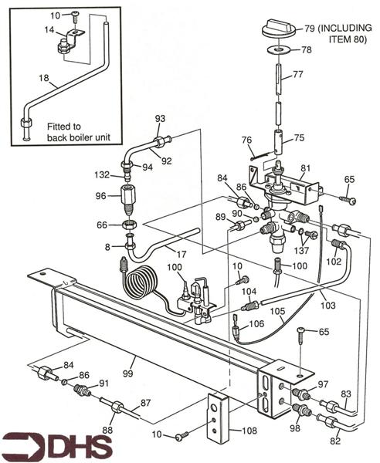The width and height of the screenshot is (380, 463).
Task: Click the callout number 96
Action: point(100,196)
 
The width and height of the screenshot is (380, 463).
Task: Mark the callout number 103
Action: point(329,306)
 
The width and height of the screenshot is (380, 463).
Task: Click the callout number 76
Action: point(246,140)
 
